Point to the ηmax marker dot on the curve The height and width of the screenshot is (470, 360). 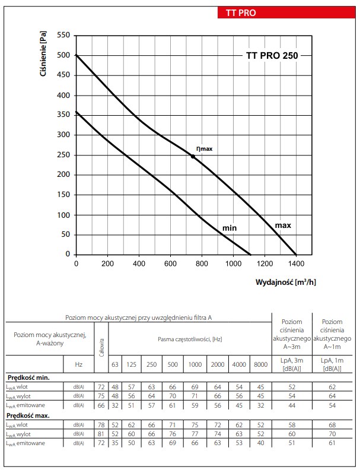coord(193,157)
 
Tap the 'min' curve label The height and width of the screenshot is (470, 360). coord(230,228)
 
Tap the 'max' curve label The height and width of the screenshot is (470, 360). coord(283,226)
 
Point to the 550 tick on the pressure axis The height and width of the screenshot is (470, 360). coord(63,36)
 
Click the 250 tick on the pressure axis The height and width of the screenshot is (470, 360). coord(63,155)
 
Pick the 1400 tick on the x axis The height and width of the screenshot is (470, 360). coord(296,263)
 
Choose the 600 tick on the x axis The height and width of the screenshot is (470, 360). coord(170,263)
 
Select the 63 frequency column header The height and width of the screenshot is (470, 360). coord(115,364)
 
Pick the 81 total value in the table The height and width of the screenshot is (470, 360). coord(101,434)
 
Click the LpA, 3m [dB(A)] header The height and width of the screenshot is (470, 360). coord(291,364)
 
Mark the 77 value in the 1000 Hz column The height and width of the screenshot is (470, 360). coord(194,434)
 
